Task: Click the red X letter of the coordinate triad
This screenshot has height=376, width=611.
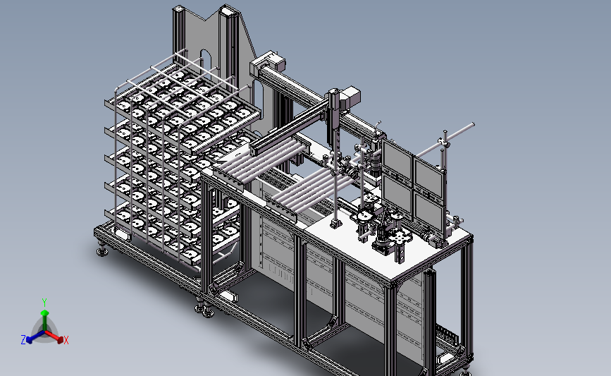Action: point(66,341)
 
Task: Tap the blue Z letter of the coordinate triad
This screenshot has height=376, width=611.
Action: point(23,340)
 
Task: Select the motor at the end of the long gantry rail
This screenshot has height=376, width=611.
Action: point(268,62)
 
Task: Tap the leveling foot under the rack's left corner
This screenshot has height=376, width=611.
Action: point(104,249)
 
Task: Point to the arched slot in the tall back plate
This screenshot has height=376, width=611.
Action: point(205,60)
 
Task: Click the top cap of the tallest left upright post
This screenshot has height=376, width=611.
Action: point(178,9)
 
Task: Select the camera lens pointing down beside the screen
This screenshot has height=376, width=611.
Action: point(377,167)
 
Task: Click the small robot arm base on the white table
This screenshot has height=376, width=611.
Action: point(383,242)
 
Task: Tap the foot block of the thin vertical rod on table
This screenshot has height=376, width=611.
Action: point(336,223)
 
